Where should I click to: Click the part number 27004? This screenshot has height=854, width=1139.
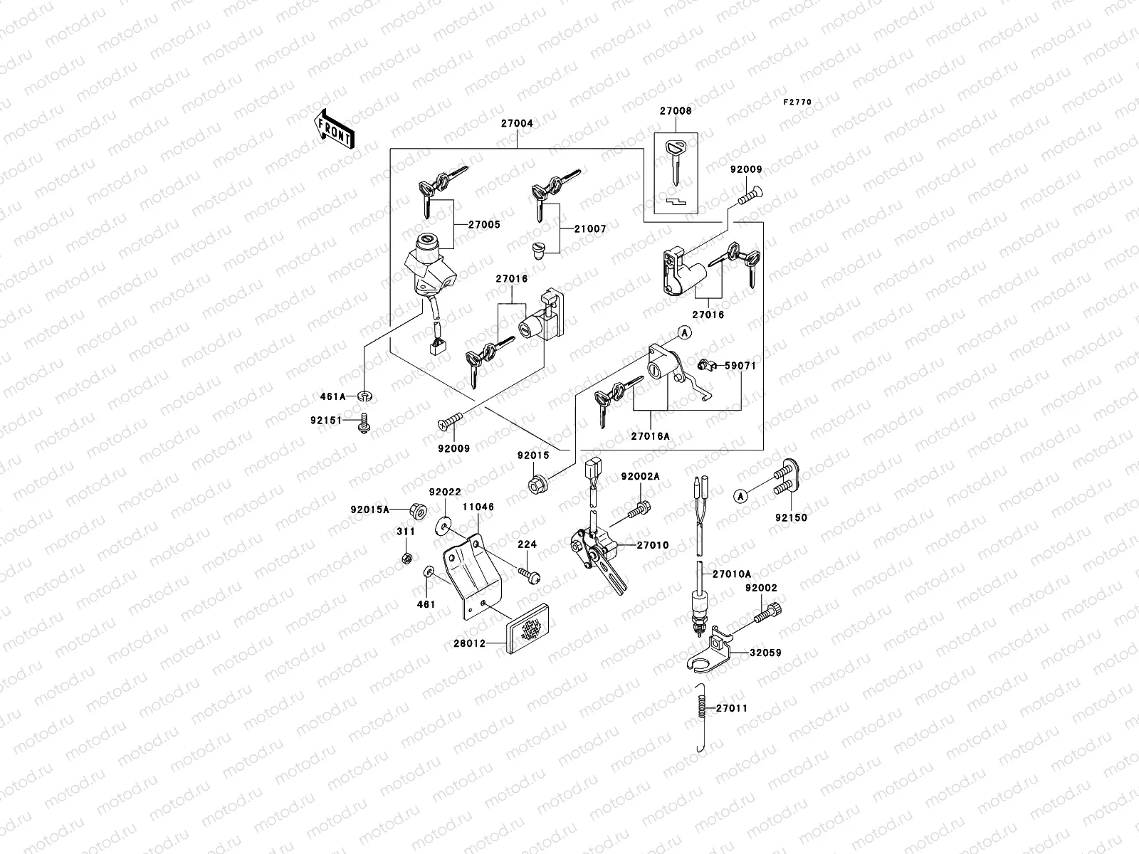(517, 123)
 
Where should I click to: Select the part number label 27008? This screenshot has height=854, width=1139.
(675, 111)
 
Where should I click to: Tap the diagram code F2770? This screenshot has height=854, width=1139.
(797, 102)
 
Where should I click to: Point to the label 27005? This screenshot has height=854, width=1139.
(484, 225)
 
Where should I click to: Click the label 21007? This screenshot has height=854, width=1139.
(592, 229)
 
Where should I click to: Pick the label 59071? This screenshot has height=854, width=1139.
(740, 366)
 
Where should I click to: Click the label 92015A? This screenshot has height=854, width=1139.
(370, 510)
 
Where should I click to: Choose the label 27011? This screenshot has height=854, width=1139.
(733, 709)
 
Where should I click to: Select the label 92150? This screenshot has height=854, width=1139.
(792, 517)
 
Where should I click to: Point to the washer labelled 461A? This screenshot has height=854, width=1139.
(365, 396)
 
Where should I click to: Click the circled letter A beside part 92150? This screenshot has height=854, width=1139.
(740, 495)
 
